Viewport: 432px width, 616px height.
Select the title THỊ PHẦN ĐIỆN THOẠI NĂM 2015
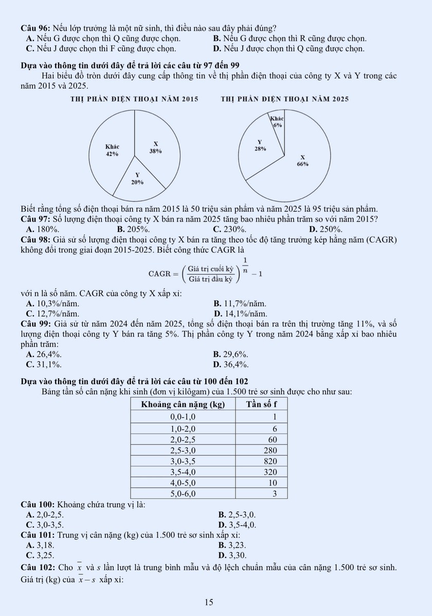[x=135, y=99]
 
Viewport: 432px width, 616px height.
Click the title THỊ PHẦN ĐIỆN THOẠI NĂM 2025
[x=284, y=99]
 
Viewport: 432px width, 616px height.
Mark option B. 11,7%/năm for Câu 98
[x=239, y=304]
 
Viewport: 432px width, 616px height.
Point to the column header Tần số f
[x=262, y=404]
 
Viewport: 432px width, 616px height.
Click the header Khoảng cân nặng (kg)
[x=183, y=404]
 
